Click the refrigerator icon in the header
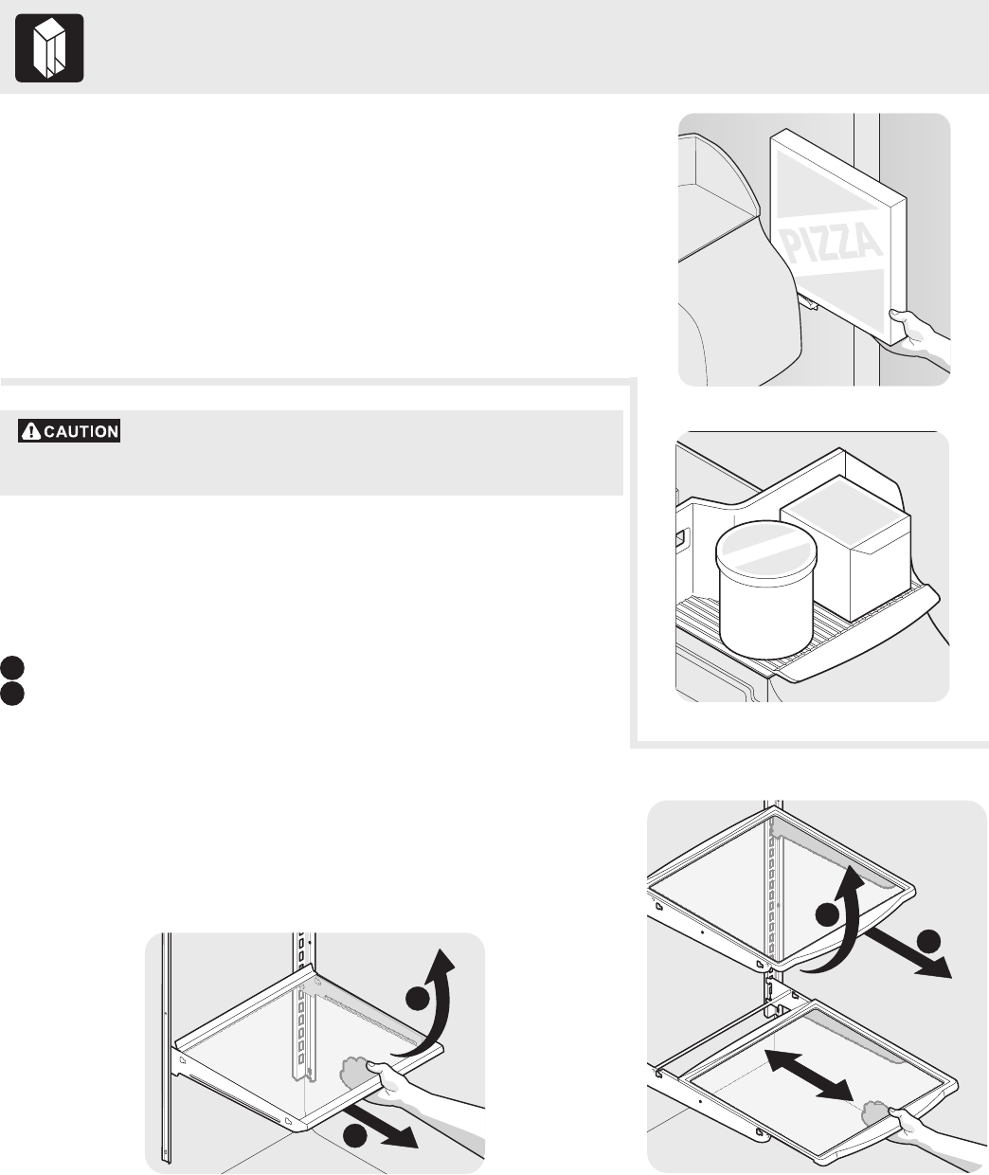click(x=49, y=48)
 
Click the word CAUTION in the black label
click(x=81, y=431)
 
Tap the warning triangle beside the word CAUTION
click(x=31, y=431)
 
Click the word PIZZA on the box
click(x=833, y=244)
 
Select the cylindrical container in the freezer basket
click(x=766, y=588)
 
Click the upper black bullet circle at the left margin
click(x=11, y=667)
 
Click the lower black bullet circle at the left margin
click(x=11, y=694)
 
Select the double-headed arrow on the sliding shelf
click(x=809, y=1076)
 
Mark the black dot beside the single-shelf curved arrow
click(x=418, y=999)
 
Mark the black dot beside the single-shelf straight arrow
click(x=355, y=1135)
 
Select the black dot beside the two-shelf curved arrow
click(x=828, y=915)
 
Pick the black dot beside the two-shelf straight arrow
click(x=928, y=942)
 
